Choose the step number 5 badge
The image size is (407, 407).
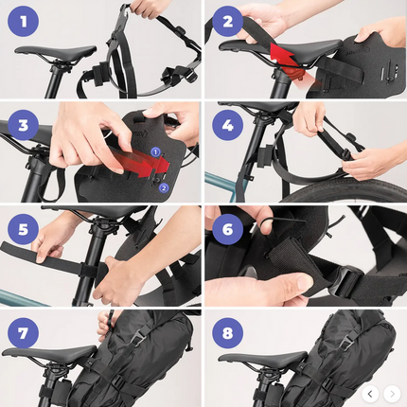[24, 229]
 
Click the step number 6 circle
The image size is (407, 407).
[227, 229]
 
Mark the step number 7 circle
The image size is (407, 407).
[24, 332]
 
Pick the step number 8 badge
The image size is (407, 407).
[227, 332]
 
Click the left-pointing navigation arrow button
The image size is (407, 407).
[371, 393]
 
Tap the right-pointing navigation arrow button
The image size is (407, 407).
[392, 393]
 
